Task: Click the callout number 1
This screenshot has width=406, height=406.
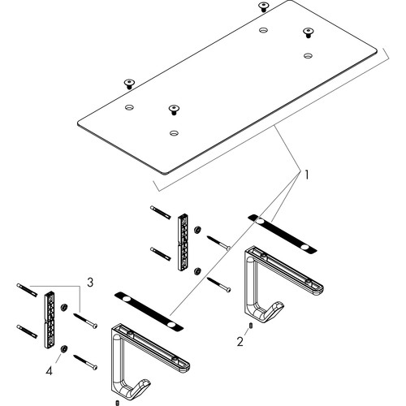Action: (x=306, y=175)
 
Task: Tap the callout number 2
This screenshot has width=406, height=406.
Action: (x=240, y=342)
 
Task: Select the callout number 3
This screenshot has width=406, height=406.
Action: (x=90, y=283)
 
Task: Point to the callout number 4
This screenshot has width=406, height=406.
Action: (x=49, y=371)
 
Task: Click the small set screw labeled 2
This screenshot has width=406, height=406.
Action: (x=251, y=326)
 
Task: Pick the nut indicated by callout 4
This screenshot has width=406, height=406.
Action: (x=64, y=348)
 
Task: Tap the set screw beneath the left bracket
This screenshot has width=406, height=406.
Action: (x=117, y=403)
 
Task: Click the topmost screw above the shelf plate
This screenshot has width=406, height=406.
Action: (x=263, y=6)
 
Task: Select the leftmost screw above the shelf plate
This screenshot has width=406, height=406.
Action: (x=129, y=84)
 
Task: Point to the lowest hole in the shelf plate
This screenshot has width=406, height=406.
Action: (x=174, y=133)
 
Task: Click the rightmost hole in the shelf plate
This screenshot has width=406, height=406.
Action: (x=308, y=56)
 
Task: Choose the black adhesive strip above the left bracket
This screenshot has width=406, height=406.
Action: (x=149, y=311)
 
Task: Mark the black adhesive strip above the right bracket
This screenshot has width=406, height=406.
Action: (x=283, y=234)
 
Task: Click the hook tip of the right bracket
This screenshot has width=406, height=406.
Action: (x=279, y=304)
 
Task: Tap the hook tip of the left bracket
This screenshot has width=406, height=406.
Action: (x=145, y=382)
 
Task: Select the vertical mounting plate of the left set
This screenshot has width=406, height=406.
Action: (x=49, y=320)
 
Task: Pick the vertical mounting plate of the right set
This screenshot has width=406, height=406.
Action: (x=183, y=242)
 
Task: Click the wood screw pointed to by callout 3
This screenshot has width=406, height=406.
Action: (x=85, y=320)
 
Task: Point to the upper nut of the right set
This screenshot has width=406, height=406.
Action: (x=197, y=230)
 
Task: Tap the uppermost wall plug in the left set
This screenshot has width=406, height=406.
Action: (x=27, y=290)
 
